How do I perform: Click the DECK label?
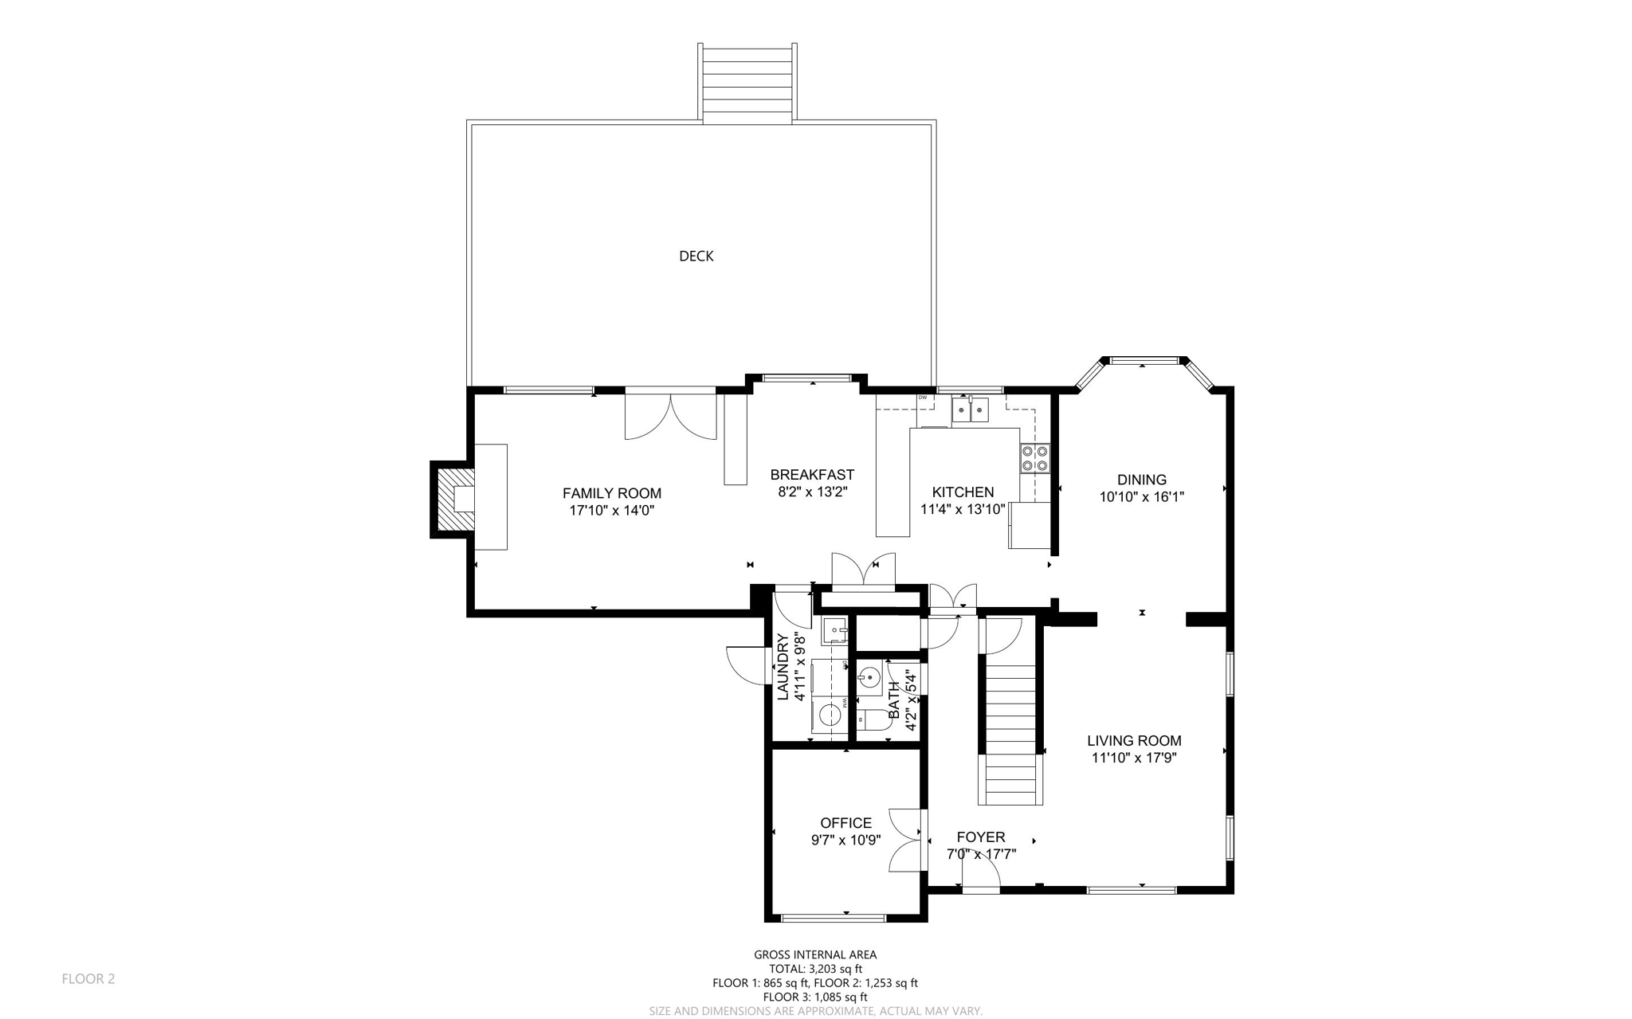pos(696,256)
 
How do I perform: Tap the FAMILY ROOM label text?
pos(611,493)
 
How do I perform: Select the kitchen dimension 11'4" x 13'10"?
pos(963,509)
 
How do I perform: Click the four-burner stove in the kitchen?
pos(1034,458)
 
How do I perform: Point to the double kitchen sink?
pos(970,410)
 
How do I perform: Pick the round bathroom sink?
pos(869,678)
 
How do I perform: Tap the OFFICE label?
pos(845,823)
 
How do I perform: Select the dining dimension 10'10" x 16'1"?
pos(1141,497)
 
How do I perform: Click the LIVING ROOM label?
pos(1133,741)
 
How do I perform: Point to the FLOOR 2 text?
pos(88,978)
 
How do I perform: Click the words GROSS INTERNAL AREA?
pos(814,954)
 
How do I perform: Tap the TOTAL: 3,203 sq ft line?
pos(814,969)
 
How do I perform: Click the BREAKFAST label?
pos(811,475)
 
